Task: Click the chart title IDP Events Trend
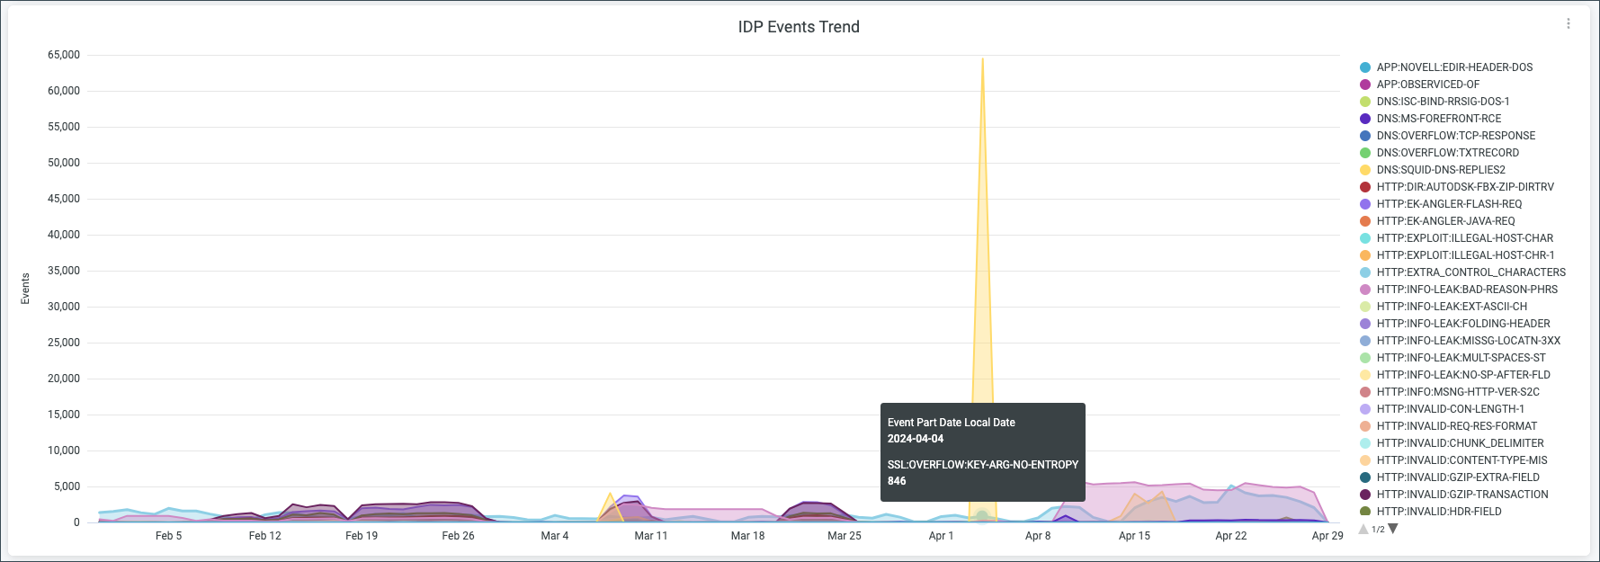pos(799,27)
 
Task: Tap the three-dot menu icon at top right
pos(1569,23)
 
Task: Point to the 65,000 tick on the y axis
pos(64,55)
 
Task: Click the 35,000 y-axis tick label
pos(64,271)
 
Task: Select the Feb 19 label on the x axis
pos(362,536)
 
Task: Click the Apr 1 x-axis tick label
pos(941,536)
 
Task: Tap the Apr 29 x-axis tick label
pos(1327,536)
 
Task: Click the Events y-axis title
pos(25,289)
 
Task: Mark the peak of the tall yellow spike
pos(982,59)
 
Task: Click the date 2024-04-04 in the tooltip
pos(916,439)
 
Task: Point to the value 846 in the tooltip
pos(897,481)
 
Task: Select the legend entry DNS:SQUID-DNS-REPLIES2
pos(1440,170)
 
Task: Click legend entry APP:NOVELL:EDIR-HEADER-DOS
pos(1453,67)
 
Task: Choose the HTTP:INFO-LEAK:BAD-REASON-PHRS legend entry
pos(1466,290)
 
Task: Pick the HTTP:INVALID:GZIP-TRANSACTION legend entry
pos(1461,495)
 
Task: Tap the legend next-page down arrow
pos(1393,529)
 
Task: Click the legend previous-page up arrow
pos(1363,529)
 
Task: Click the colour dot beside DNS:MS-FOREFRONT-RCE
pos(1365,119)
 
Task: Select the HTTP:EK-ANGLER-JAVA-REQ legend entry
pos(1444,221)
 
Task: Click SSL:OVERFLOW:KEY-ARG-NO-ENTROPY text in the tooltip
pos(982,465)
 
